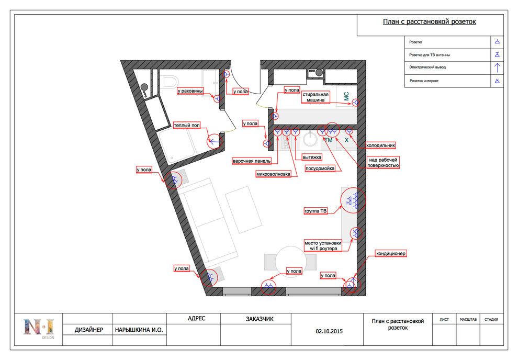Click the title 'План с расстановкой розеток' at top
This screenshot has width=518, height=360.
[429, 22]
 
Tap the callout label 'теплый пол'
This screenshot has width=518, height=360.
[187, 125]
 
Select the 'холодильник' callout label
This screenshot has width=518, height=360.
[380, 145]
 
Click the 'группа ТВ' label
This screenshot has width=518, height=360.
[316, 211]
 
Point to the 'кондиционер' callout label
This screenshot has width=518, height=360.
[390, 253]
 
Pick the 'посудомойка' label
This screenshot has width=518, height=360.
[320, 168]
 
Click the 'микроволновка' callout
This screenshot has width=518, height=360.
[273, 174]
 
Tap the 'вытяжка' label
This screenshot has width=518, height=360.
[312, 157]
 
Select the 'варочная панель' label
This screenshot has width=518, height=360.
[252, 161]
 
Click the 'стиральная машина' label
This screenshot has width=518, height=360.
[316, 97]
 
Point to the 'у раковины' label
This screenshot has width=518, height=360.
[190, 91]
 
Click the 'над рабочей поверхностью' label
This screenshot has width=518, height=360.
[383, 163]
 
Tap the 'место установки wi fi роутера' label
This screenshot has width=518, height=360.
[323, 246]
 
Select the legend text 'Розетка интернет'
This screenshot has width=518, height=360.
[424, 81]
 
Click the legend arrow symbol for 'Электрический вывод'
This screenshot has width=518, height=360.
[497, 67]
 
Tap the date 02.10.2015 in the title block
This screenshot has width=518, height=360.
[329, 331]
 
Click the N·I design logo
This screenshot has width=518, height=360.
[39, 328]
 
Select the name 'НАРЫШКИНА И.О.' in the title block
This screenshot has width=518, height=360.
[139, 330]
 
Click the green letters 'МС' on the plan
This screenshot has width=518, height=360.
[346, 96]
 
